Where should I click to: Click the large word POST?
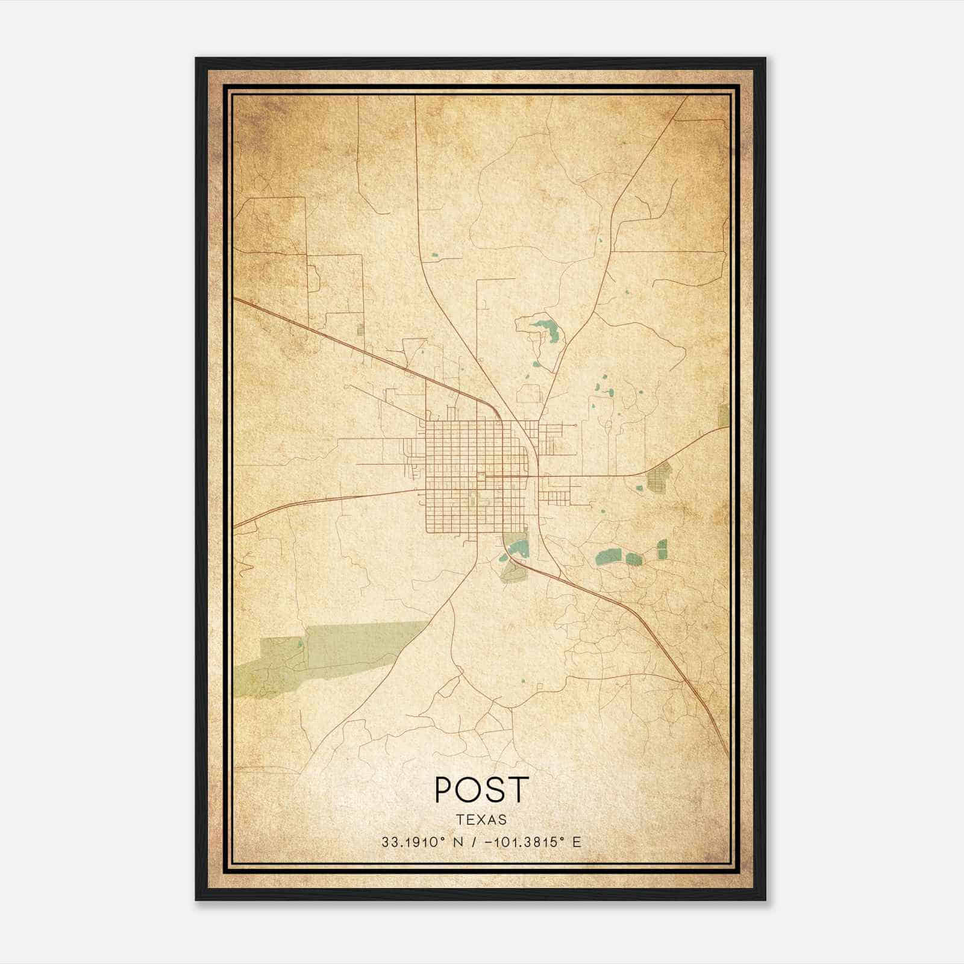[481, 789]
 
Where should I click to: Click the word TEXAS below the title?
[481, 819]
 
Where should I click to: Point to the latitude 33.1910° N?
[422, 842]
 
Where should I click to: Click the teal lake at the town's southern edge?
[517, 548]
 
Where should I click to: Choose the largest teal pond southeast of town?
[610, 556]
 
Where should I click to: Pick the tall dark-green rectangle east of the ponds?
[662, 549]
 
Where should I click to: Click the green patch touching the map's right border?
[724, 415]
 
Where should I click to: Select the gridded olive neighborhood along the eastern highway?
[658, 478]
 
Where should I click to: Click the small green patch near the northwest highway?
[360, 330]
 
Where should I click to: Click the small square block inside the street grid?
[480, 477]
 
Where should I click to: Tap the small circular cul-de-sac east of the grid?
[576, 425]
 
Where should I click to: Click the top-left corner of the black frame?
[197, 59]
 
